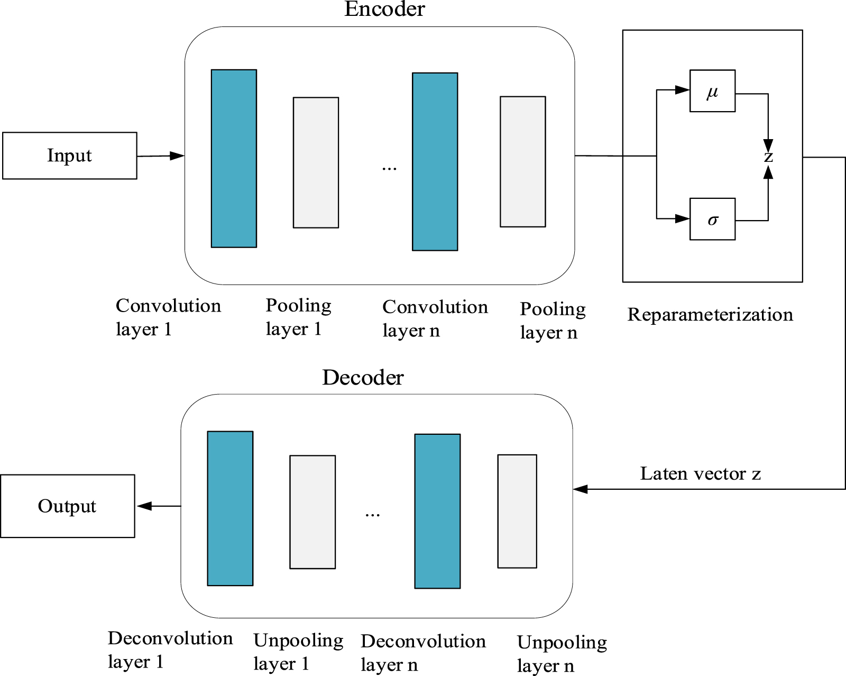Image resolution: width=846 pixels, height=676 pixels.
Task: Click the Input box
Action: [69, 156]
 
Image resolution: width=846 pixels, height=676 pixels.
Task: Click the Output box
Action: [67, 506]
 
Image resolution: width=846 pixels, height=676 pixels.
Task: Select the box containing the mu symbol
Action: [712, 91]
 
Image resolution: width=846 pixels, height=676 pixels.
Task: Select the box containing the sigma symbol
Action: [712, 219]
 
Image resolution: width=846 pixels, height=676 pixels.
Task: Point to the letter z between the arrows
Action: [768, 157]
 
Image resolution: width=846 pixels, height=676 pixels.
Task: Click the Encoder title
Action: [384, 9]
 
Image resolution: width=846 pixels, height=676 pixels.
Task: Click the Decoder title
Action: [363, 378]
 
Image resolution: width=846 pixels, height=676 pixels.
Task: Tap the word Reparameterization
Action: [710, 315]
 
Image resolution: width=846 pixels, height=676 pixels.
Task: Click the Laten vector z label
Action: [700, 473]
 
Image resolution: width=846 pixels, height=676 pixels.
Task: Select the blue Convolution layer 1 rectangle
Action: [234, 159]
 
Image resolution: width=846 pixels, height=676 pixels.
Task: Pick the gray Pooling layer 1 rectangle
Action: [316, 162]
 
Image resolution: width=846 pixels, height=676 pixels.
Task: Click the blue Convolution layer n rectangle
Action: [435, 161]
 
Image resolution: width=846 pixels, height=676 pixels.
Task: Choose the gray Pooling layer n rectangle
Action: [522, 161]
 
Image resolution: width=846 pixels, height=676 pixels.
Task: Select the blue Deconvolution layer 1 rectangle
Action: [230, 508]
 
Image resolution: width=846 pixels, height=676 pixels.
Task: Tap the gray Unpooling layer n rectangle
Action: [517, 511]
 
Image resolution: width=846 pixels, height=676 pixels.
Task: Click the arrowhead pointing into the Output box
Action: [144, 506]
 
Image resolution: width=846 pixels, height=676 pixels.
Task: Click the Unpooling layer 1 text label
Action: [298, 652]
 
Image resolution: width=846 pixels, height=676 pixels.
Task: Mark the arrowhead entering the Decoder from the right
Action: [581, 489]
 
